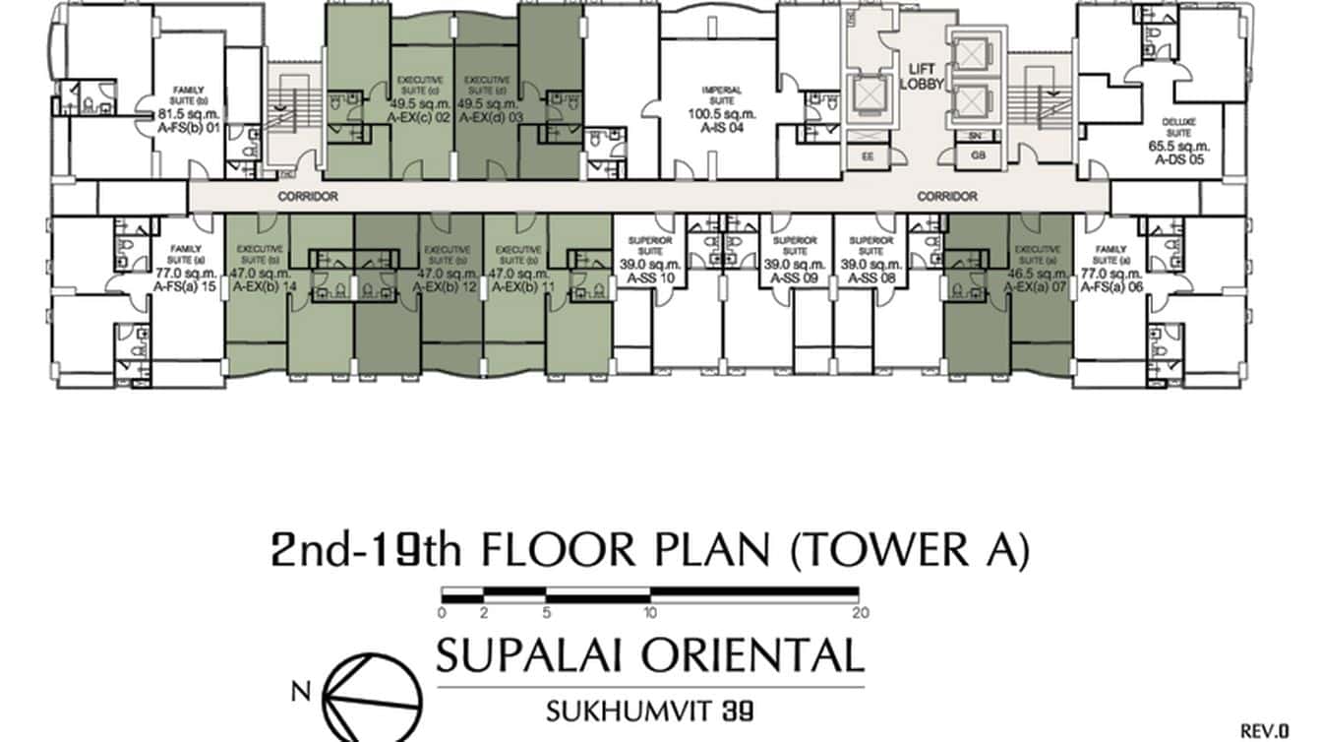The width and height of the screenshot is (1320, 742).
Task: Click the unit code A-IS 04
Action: pyautogui.click(x=721, y=127)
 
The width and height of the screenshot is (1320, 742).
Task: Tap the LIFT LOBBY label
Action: pyautogui.click(x=922, y=76)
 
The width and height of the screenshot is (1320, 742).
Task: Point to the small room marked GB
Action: pyautogui.click(x=977, y=155)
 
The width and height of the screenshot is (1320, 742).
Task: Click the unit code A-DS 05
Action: pyautogui.click(x=1178, y=157)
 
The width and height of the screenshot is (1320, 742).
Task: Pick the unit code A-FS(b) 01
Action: pyautogui.click(x=187, y=126)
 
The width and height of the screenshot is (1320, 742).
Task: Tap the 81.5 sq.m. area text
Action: pyautogui.click(x=187, y=113)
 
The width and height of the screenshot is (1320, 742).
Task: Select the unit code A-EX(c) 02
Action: pyautogui.click(x=420, y=115)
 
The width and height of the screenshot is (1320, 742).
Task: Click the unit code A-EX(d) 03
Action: pyautogui.click(x=486, y=115)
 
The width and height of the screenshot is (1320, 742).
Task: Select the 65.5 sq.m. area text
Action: pyautogui.click(x=1178, y=145)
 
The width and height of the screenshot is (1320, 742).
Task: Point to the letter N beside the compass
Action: pyautogui.click(x=301, y=690)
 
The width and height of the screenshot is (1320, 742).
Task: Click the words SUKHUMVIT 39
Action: pyautogui.click(x=650, y=707)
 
